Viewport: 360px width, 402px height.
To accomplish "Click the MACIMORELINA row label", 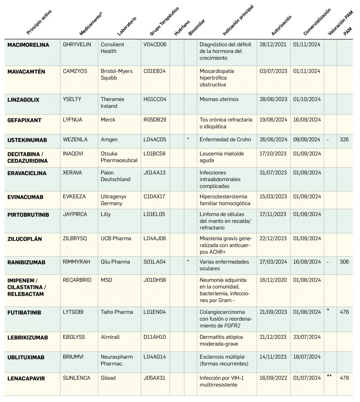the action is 28,45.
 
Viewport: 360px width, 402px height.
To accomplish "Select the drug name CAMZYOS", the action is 75,71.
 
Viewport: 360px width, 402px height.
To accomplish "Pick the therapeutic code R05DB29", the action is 155,120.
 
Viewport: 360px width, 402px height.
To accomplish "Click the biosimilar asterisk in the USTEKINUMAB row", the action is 188,139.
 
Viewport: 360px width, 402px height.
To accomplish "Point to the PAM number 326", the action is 344,139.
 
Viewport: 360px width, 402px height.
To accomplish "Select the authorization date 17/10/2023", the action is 273,153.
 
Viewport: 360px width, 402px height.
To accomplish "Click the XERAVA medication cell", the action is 72,173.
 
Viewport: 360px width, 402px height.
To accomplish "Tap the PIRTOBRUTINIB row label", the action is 28,215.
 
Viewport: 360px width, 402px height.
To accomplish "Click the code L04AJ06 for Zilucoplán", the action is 155,238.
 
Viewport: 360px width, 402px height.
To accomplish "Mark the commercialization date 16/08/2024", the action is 307,262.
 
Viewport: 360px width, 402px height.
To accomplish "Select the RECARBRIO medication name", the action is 77,280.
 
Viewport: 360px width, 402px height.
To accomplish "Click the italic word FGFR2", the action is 232,325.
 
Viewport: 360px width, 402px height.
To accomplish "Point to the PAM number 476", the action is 344,312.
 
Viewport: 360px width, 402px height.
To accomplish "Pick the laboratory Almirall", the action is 110,337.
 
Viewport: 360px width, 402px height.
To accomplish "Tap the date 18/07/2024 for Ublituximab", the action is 307,356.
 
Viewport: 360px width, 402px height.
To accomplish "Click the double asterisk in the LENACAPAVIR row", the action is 329,376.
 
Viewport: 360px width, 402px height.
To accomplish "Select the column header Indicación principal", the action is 238,20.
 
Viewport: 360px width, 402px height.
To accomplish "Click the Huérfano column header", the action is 182,28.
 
